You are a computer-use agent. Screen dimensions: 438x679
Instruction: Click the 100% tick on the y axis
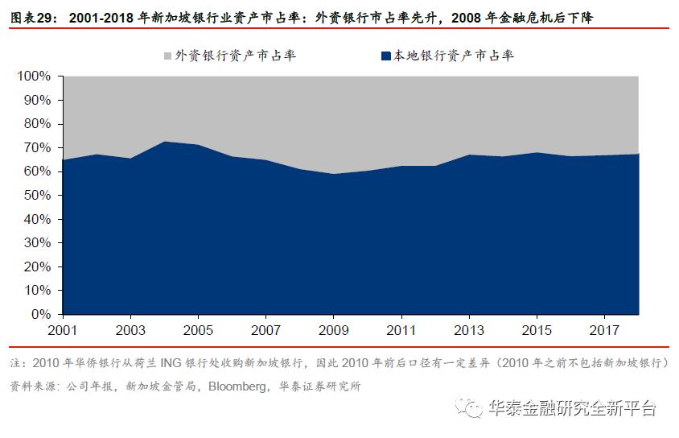[33, 76]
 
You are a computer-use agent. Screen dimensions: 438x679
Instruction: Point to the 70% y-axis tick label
[35, 148]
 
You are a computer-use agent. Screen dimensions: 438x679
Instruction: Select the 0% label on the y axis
[40, 315]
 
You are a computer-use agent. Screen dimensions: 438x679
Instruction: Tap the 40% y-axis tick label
[35, 220]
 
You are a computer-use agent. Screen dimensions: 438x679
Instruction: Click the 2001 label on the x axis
[62, 331]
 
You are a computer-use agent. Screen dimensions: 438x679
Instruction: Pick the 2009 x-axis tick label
[333, 331]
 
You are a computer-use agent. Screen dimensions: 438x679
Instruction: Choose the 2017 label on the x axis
[604, 331]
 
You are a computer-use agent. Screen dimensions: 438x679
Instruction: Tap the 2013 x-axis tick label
[469, 331]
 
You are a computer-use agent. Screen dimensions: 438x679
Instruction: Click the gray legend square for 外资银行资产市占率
[167, 56]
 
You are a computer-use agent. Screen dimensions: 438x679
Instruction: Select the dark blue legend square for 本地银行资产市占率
[385, 56]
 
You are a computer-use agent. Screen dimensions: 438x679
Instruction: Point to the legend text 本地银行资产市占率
[453, 56]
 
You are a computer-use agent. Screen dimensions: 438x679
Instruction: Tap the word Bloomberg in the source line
[237, 386]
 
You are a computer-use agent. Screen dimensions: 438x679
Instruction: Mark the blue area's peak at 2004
[164, 142]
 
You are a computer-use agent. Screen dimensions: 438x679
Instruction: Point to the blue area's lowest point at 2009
[333, 174]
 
